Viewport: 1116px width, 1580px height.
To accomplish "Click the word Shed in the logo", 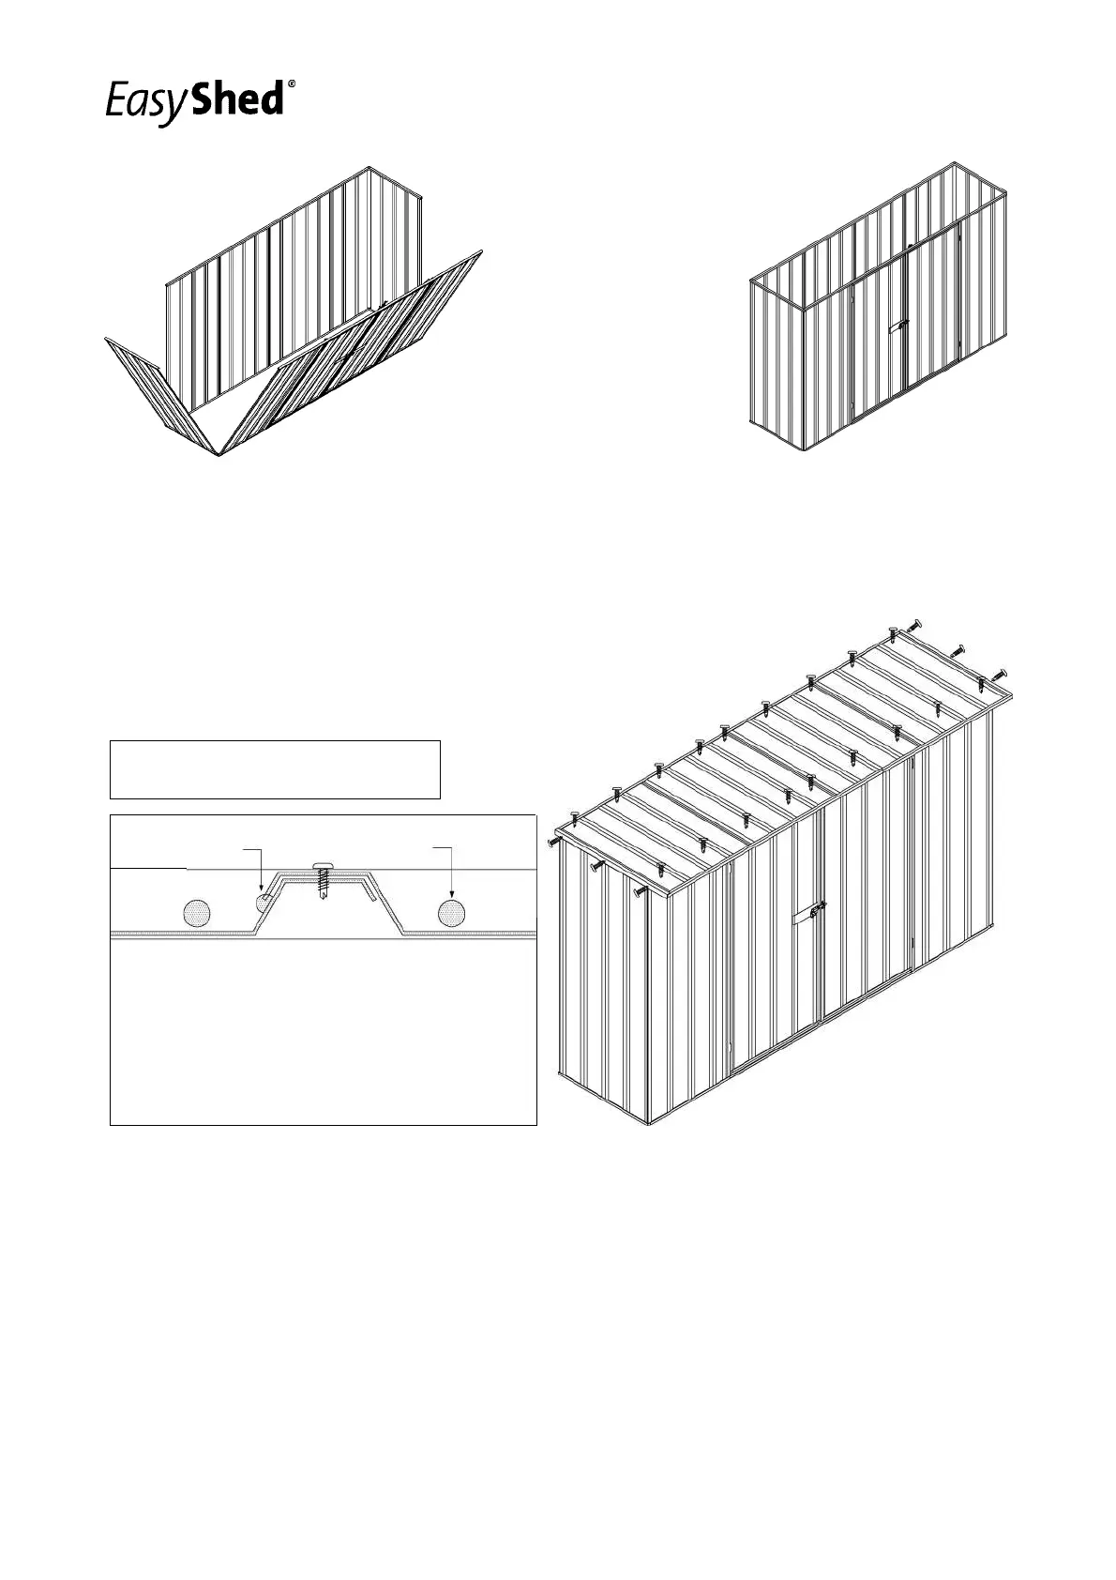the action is coord(236,99).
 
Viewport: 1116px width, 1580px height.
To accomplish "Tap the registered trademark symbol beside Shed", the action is coord(293,84).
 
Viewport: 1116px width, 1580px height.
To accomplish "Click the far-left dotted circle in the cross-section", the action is coord(197,912).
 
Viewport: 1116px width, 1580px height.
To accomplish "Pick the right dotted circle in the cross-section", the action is coord(452,912).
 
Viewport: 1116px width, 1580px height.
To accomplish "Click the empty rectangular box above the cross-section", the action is coord(275,769).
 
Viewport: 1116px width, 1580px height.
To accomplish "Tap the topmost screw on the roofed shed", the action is coord(915,625).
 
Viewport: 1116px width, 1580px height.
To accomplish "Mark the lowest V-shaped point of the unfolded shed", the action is coord(218,455).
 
